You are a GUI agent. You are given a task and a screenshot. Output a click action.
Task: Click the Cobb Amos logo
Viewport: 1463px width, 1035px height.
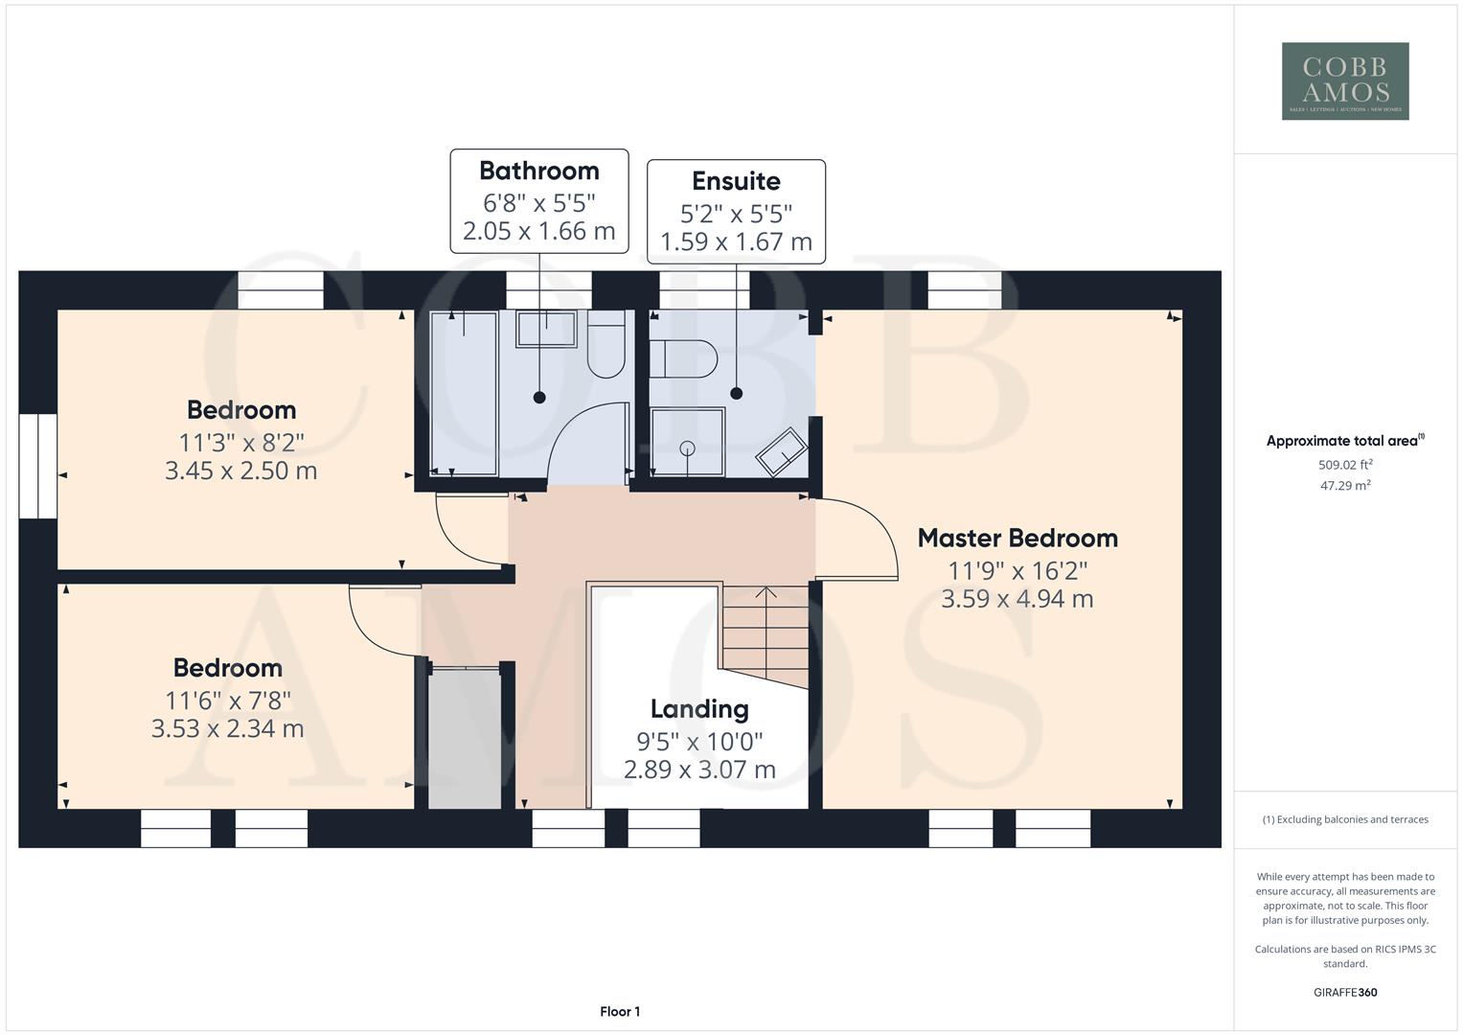point(1345,80)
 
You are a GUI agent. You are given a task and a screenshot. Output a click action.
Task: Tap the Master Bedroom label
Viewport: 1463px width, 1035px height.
point(1017,539)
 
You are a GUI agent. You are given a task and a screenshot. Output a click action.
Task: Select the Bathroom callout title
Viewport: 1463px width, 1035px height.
point(538,171)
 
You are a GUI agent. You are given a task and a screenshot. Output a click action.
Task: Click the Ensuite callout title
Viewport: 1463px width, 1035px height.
point(736,181)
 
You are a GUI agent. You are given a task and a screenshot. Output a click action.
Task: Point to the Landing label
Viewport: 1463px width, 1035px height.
point(699,709)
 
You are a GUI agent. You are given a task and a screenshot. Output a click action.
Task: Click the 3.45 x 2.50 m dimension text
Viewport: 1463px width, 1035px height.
point(241,471)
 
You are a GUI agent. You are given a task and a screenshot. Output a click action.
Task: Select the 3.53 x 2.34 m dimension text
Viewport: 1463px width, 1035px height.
point(228,728)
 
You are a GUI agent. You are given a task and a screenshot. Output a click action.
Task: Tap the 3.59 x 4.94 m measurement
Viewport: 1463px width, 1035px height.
point(1017,599)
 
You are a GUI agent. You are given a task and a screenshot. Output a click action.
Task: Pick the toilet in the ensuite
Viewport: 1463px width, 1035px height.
point(682,358)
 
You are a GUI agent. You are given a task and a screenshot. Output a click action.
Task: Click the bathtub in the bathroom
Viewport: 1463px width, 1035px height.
point(464,393)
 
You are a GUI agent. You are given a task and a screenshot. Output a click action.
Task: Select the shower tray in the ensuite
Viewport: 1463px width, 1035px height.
point(687,442)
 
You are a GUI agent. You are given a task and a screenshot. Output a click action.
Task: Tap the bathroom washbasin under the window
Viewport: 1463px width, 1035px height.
point(546,329)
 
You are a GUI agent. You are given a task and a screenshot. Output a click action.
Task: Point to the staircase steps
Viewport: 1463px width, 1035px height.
point(764,632)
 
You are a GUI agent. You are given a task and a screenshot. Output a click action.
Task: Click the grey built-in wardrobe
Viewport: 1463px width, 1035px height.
point(465,738)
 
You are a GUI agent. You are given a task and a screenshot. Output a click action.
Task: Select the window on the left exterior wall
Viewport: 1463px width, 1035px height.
point(37,466)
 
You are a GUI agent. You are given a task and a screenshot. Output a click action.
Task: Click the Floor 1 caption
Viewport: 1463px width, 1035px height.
point(620,1011)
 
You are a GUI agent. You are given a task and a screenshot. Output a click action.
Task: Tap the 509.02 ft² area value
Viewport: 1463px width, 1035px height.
point(1345,465)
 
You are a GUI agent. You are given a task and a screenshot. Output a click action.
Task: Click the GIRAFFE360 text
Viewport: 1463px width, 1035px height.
point(1345,992)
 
